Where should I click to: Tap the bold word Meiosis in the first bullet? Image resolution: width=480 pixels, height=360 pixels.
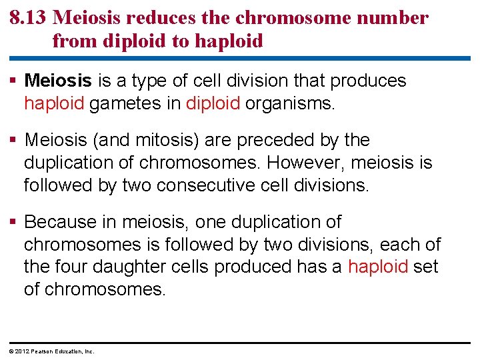coord(58,81)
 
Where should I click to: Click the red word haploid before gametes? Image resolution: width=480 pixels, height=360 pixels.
coord(54,103)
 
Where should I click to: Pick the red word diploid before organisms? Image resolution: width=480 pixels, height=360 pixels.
coord(213,103)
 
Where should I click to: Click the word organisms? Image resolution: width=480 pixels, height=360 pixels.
coord(289,103)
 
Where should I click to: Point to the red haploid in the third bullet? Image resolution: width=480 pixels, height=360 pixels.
coord(378,267)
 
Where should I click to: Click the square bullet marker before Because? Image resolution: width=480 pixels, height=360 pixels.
coord(15,221)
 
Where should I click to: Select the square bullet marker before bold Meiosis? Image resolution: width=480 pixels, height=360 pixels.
coord(15,81)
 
